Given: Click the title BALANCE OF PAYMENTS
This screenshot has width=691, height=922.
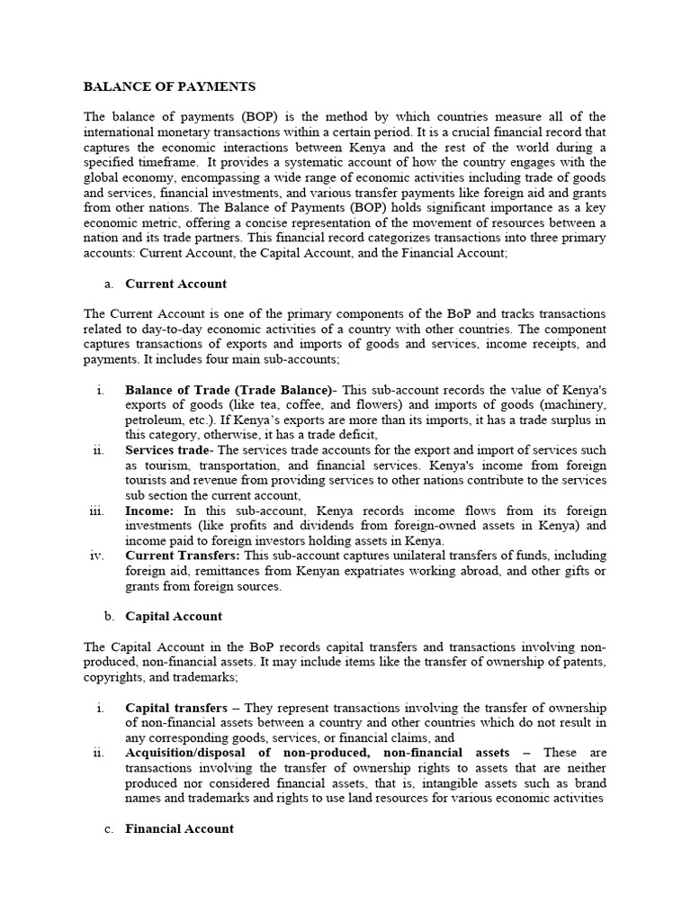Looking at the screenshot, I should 169,86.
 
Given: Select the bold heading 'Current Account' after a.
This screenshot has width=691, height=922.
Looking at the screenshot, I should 175,284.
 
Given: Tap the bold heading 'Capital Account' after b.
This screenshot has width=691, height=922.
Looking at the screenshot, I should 174,617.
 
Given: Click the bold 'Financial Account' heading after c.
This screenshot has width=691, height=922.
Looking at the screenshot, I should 179,828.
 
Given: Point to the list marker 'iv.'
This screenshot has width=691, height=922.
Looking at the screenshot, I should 98,556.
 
